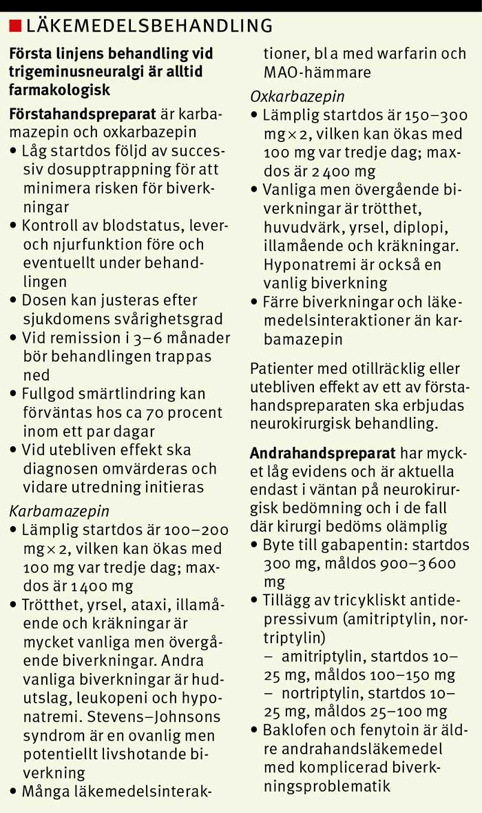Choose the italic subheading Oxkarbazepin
pyautogui.click(x=297, y=97)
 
